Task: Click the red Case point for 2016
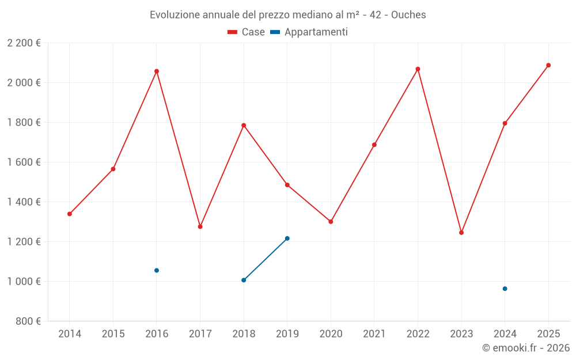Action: tap(157, 71)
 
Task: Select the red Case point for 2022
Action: tap(418, 69)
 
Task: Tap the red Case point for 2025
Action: tap(548, 65)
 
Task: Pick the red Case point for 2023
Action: tap(461, 233)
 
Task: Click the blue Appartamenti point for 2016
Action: tap(157, 270)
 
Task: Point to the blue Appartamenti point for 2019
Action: tap(287, 238)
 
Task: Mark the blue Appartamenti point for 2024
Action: tap(505, 289)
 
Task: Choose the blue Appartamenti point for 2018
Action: tap(244, 280)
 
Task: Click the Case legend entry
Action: tap(247, 32)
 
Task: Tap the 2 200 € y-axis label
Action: tap(24, 43)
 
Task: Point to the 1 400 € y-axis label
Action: tap(24, 202)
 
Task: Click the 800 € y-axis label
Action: tap(28, 321)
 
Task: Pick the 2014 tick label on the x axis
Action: tap(70, 334)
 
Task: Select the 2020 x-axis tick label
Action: tap(331, 334)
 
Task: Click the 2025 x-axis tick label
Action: tap(548, 334)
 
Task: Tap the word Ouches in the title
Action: tap(408, 15)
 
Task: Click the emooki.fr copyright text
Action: tap(526, 348)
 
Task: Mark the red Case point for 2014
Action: tap(70, 214)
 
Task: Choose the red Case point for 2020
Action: tap(331, 222)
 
